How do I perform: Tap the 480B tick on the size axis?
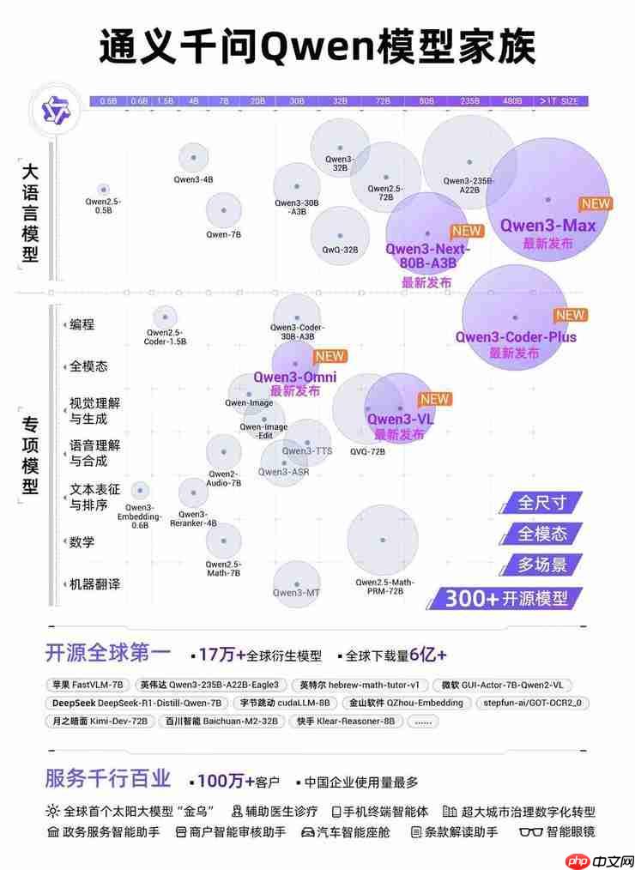coord(512,101)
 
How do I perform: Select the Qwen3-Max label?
coord(547,226)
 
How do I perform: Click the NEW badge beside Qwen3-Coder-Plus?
coord(570,315)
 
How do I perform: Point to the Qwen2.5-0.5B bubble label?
coord(103,205)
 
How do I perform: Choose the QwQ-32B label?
coord(340,250)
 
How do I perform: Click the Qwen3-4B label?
coord(194,180)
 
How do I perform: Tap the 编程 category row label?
coord(82,324)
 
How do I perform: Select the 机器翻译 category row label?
coord(94,584)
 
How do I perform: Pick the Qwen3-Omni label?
coord(294,378)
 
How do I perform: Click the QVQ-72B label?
coord(367,450)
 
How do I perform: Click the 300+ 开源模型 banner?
coord(507,599)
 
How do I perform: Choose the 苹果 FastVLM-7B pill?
coord(88,686)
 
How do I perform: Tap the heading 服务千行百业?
coord(108,779)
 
